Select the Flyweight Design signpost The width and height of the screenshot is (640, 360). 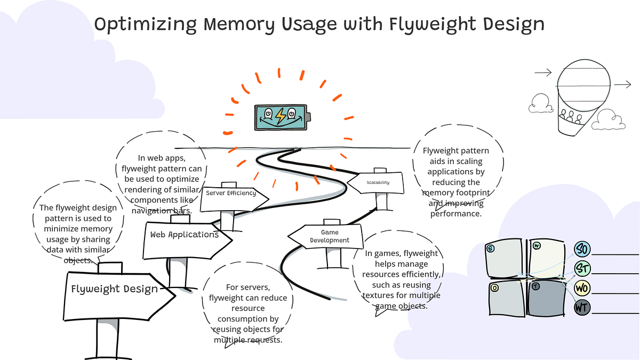115,290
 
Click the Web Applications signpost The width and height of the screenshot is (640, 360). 184,235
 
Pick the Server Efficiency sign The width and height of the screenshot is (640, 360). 230,193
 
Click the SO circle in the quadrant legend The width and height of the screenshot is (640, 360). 582,249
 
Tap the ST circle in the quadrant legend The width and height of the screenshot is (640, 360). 582,268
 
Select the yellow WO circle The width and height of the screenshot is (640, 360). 582,288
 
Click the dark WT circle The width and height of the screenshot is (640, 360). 582,308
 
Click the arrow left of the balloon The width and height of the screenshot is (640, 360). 542,73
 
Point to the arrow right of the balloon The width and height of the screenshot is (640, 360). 622,84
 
